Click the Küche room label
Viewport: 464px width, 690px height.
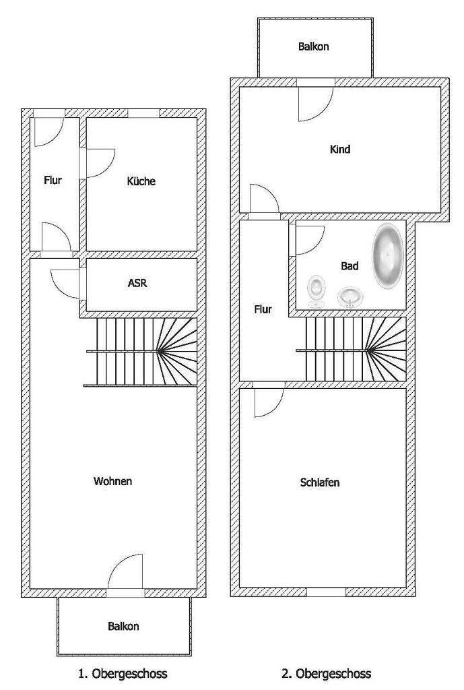141,181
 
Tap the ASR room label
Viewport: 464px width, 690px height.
137,284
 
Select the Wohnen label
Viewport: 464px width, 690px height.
113,481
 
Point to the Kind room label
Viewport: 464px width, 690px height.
340,150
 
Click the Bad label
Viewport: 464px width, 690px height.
350,266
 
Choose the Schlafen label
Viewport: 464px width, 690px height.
320,482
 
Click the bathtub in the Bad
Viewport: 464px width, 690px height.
387,256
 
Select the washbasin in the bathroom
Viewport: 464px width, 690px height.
350,295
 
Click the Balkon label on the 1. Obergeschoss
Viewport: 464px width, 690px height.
123,626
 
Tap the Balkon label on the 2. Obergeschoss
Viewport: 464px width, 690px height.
314,47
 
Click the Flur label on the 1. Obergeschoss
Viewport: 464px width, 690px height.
53,181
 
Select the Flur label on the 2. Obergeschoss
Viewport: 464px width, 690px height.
263,309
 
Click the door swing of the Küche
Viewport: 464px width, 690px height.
100,163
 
